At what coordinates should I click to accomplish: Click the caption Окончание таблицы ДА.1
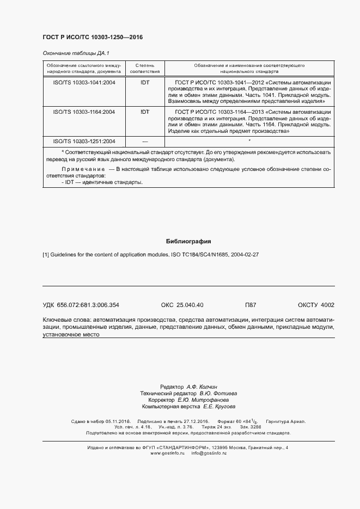(76, 53)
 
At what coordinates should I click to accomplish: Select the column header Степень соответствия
(145, 68)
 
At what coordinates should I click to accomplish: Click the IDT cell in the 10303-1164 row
(145, 112)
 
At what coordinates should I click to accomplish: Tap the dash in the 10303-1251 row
(145, 141)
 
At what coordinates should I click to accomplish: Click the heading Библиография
(188, 241)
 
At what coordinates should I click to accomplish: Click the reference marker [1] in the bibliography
(46, 255)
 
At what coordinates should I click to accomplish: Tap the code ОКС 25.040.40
(182, 305)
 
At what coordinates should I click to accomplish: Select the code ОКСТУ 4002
(316, 305)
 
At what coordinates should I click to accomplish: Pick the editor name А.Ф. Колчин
(205, 385)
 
